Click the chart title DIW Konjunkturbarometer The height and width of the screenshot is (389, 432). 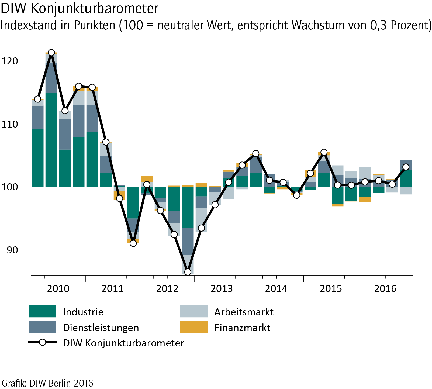pos(79,9)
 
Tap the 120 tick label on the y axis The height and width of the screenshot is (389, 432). pos(10,61)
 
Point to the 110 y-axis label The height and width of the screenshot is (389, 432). pos(10,124)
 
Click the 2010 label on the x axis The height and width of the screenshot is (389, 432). pos(58,289)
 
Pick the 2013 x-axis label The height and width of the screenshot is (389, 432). pos(222,289)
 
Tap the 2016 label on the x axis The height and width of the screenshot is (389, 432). pos(385,289)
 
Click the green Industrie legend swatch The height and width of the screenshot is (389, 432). pos(43,311)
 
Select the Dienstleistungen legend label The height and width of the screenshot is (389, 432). pos(101,328)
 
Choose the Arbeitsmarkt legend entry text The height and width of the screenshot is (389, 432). pos(244,312)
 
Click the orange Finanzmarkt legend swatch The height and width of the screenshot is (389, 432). pos(194,327)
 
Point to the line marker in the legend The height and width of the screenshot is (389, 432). pos(43,343)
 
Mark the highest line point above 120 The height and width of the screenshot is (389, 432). pos(51,53)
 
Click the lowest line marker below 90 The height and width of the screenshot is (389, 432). pos(188,272)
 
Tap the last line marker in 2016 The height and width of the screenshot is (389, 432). pos(406,167)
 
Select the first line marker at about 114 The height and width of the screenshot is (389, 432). pos(38,99)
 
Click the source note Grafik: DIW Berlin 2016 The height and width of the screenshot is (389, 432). pos(47,383)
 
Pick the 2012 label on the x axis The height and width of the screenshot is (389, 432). pos(167,289)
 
